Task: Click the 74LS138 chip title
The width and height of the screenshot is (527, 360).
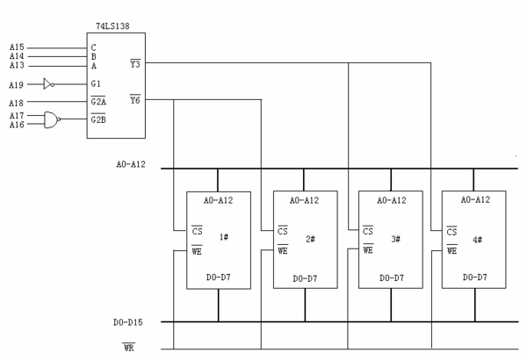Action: point(115,28)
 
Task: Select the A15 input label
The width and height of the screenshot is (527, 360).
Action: point(18,46)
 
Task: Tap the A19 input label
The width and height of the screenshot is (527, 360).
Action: point(18,84)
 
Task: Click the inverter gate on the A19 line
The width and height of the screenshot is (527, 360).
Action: point(50,84)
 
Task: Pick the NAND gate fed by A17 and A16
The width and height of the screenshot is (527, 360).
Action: point(52,120)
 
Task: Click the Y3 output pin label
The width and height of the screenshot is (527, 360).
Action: point(134,63)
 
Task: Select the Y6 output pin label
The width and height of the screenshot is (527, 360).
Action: point(134,100)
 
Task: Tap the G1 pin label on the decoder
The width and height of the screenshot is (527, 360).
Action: point(96,84)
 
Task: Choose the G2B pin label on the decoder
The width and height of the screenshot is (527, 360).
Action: point(98,119)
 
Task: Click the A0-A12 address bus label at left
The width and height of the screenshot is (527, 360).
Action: point(133,164)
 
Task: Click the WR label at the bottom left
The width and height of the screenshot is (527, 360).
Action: point(128,348)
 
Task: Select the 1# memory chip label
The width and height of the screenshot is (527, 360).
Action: point(224,236)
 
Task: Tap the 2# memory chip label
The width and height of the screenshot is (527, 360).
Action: point(309,237)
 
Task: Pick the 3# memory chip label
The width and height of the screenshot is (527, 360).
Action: point(395,237)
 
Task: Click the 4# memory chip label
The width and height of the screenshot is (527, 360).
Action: point(480,237)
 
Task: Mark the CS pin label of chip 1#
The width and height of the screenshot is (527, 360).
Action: point(197,230)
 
